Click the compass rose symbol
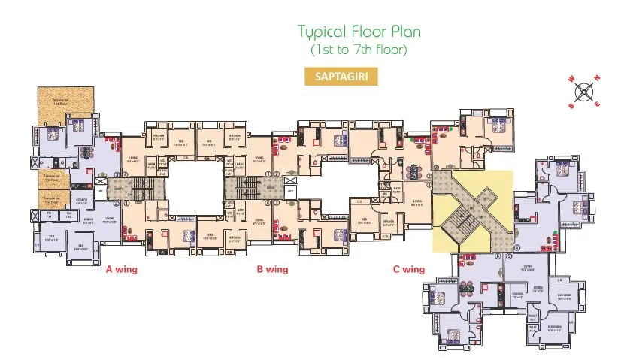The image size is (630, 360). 583,93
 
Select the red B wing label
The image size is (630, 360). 272,268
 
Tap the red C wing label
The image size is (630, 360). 407,268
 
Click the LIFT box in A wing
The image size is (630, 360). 101,192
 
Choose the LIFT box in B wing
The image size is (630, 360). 290,192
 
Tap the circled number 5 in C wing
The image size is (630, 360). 508,256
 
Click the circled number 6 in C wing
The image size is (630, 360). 498,256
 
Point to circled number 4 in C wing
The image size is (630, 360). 517,247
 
